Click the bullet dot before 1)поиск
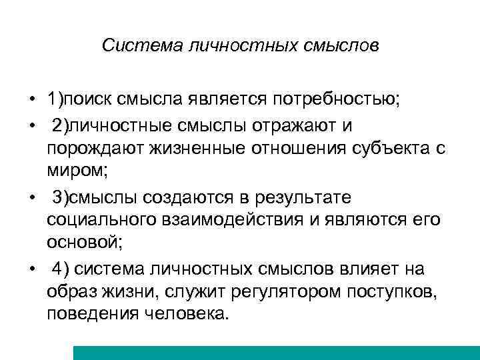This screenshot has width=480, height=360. click(x=31, y=101)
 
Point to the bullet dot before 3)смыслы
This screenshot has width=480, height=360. click(x=31, y=199)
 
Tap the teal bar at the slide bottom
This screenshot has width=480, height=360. click(x=276, y=353)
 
